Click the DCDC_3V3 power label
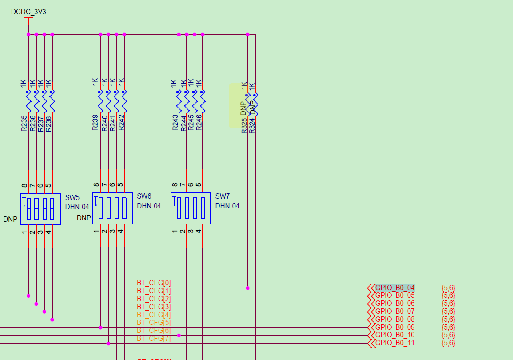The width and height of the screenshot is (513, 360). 28,12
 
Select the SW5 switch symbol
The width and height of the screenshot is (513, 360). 40,208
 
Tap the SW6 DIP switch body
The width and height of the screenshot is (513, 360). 112,208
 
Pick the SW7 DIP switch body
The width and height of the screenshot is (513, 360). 191,208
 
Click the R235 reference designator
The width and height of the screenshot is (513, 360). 24,123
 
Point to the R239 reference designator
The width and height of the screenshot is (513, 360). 95,123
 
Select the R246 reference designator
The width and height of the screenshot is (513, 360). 199,123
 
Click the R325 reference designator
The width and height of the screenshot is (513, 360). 244,126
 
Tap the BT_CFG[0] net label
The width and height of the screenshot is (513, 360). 154,283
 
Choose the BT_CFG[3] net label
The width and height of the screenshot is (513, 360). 154,307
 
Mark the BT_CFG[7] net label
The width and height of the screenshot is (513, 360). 154,339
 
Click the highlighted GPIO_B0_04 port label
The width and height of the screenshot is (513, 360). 395,288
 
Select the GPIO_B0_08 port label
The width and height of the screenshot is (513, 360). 395,319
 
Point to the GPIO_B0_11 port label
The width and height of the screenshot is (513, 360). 395,343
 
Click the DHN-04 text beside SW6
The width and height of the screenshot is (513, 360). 149,206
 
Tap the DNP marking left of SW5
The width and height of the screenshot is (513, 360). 10,219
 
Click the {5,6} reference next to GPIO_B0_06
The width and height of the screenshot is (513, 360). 448,304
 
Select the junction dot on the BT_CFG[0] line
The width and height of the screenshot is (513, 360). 247,288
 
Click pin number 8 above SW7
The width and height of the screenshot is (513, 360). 175,185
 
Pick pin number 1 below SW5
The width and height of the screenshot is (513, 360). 24,232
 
